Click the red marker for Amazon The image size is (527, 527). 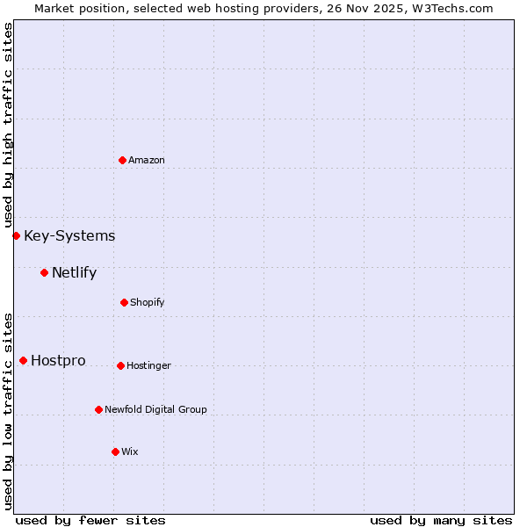[122, 160]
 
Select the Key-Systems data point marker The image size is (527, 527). [16, 235]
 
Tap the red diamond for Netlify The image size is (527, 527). [44, 272]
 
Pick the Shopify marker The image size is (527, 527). [124, 302]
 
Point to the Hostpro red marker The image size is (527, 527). [23, 360]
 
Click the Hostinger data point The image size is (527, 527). [120, 365]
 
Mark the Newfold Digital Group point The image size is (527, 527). [98, 409]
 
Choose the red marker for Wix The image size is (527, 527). [115, 451]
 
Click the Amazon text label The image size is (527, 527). [147, 160]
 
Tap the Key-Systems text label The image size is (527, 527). [69, 235]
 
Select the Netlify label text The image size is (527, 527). [74, 272]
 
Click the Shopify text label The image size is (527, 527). [148, 302]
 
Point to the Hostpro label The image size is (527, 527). [58, 360]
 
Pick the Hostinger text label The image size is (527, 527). [149, 365]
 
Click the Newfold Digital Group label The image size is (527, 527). [156, 409]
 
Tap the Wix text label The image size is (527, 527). [130, 451]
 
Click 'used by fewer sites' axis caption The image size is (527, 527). [90, 520]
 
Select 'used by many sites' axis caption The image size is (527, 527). [441, 520]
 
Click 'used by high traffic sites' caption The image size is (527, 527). [8, 125]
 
